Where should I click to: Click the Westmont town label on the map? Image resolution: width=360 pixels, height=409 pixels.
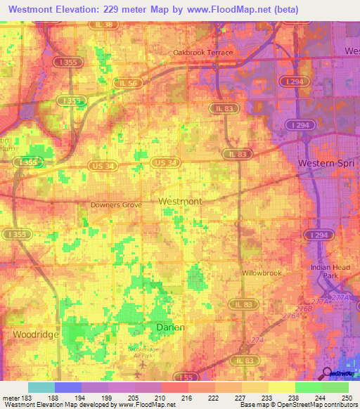click(180, 201)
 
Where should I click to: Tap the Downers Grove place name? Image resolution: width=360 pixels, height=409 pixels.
click(116, 205)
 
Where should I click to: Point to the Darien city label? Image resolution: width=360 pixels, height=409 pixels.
click(169, 327)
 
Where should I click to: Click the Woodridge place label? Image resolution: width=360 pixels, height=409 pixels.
click(36, 335)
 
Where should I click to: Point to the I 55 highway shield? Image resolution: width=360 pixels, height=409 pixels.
click(183, 376)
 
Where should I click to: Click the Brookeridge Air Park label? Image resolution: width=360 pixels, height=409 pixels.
click(144, 351)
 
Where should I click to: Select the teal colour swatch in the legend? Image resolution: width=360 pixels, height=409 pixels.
click(41, 387)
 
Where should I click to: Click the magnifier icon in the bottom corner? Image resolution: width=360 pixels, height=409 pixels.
click(328, 373)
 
